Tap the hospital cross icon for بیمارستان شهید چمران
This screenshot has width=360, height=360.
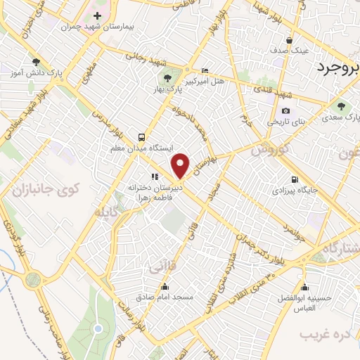(x=97, y=15)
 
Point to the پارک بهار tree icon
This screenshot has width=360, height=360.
(x=167, y=79)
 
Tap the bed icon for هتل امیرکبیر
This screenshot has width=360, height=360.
(x=205, y=71)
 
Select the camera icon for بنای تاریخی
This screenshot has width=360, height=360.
(x=285, y=110)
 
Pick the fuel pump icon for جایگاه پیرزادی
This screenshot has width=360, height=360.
(x=294, y=179)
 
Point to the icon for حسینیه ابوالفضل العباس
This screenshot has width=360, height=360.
(x=304, y=286)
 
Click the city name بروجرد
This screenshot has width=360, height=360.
(x=333, y=69)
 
